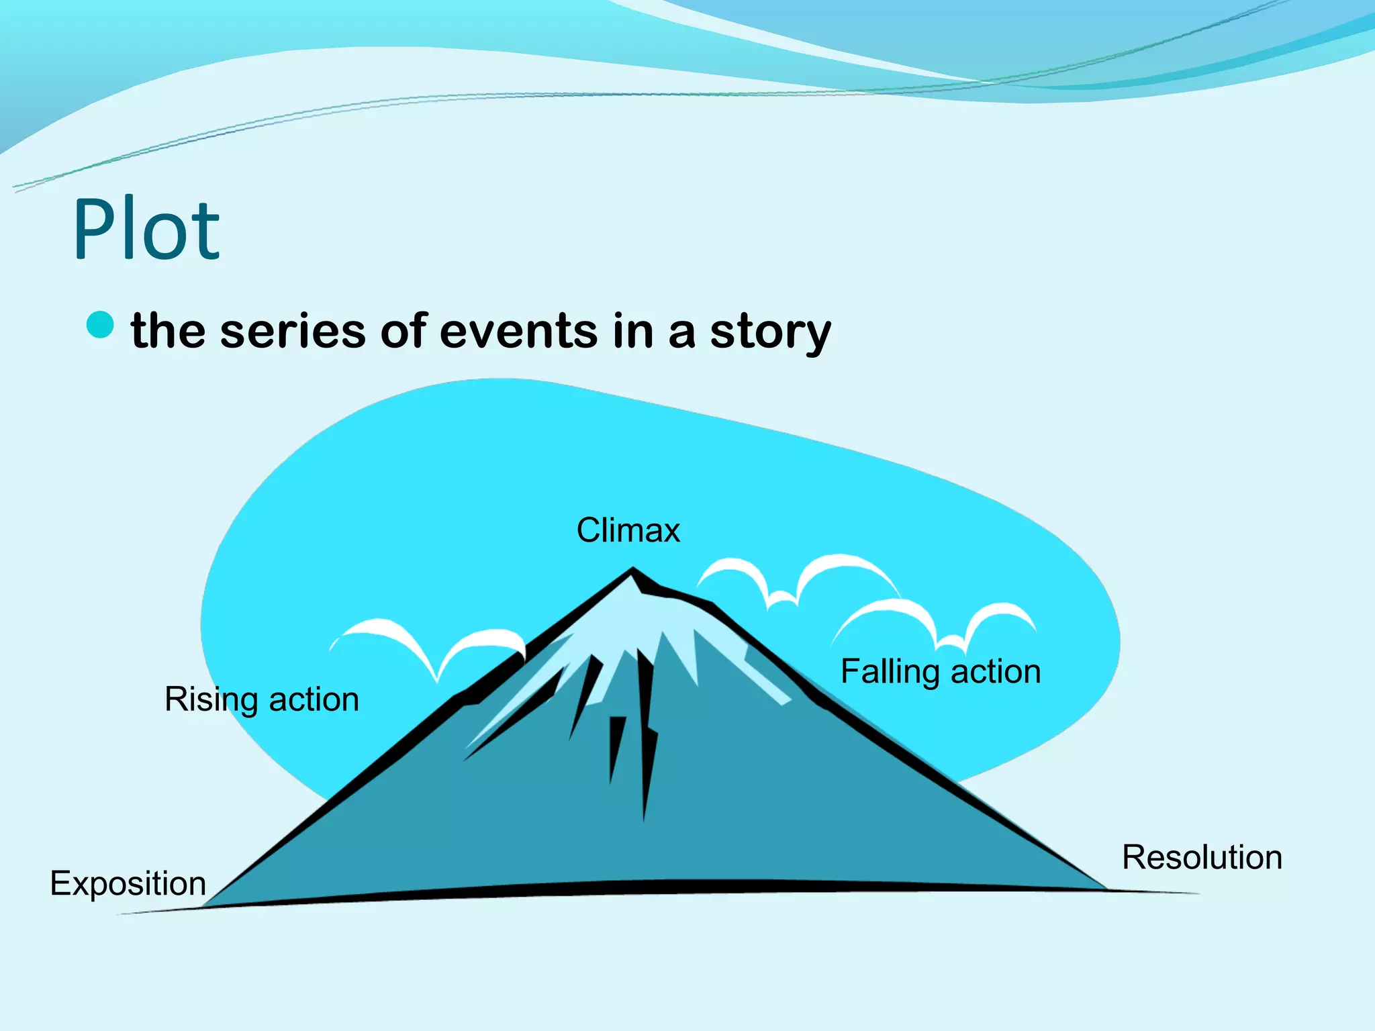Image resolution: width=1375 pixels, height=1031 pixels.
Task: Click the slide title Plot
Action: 146,230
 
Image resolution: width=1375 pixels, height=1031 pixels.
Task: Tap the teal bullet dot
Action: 100,325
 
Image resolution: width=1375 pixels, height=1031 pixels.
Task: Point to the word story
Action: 770,332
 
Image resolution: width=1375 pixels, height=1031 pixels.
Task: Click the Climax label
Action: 628,530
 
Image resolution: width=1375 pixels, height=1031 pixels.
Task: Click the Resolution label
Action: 1202,857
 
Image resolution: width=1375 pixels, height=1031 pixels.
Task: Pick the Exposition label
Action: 128,883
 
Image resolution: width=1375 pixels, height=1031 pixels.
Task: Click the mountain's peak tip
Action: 632,571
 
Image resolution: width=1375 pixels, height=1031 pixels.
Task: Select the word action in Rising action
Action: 314,700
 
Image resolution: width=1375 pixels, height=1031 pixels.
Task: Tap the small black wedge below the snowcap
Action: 616,745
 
